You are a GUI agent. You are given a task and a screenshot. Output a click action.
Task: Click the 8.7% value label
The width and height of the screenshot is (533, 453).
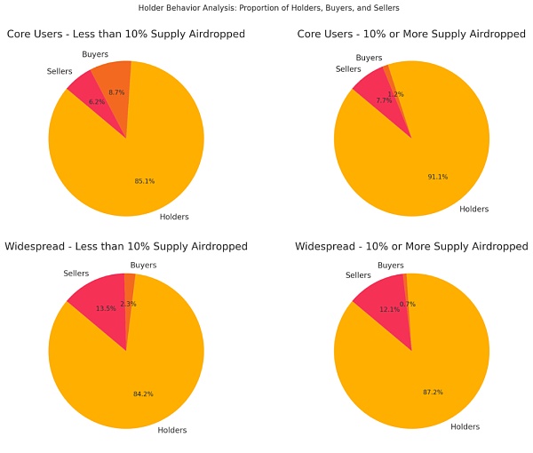[116, 92]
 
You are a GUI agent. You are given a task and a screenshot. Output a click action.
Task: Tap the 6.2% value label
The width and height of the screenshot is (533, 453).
[97, 102]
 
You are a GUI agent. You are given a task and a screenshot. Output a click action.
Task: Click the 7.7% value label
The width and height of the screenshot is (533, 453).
[384, 100]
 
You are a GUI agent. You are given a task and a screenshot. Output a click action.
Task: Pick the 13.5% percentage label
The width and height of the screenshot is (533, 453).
[105, 308]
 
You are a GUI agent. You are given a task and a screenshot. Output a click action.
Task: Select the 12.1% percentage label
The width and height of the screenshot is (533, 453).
[390, 308]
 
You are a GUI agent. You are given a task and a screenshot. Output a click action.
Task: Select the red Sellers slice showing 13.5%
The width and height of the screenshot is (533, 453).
[98, 298]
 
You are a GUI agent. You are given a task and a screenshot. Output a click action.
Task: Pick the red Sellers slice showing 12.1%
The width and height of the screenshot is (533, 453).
[382, 295]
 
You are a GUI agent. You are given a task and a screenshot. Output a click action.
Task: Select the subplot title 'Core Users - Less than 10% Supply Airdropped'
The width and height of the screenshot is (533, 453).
[125, 35]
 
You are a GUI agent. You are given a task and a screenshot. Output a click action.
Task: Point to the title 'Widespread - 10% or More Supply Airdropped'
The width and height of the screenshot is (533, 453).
[411, 245]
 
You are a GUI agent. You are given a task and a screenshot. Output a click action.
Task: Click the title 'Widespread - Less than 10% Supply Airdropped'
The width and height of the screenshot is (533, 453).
[125, 245]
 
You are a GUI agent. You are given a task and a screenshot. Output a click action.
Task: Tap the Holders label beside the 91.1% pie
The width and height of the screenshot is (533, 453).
[473, 210]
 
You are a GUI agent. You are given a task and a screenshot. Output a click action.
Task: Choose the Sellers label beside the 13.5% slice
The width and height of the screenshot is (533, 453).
[76, 272]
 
